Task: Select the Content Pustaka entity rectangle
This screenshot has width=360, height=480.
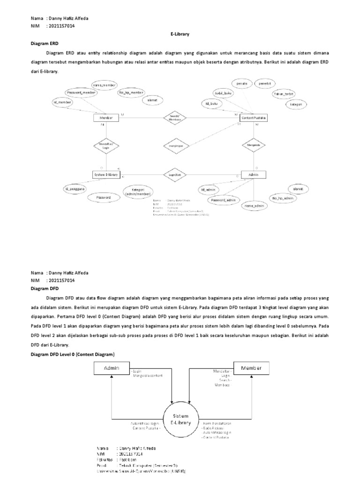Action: [x=253, y=118]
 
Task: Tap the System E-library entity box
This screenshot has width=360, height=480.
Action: [x=106, y=175]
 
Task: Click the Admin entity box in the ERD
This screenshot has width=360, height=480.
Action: [x=253, y=175]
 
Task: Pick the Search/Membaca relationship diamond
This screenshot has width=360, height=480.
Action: [x=175, y=118]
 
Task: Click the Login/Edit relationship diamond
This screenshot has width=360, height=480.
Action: [x=175, y=175]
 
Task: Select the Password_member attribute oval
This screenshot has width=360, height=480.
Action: [x=81, y=93]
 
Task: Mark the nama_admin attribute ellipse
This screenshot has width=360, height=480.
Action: [x=253, y=205]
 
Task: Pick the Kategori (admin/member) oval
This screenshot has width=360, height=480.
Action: [x=137, y=192]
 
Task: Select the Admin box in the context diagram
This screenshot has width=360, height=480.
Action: [x=112, y=368]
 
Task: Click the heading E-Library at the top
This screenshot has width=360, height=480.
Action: [x=180, y=35]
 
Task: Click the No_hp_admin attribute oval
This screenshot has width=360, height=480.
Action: [x=283, y=199]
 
